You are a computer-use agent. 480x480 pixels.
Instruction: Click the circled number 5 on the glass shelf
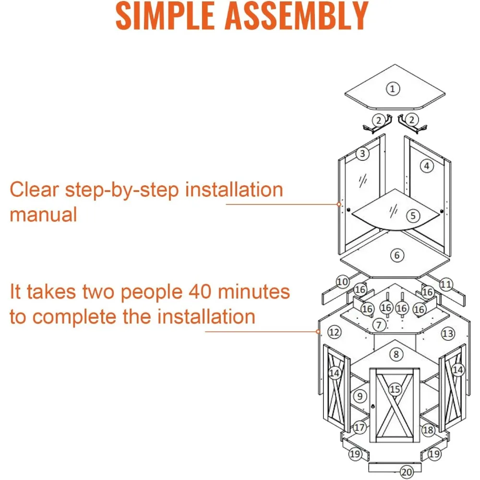[x=412, y=216]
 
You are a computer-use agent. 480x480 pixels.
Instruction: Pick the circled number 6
[x=396, y=255]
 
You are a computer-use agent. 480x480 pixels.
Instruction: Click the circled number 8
[x=396, y=355]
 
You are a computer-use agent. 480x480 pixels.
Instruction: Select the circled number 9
[x=360, y=396]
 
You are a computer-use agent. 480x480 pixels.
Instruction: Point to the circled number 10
[x=342, y=282]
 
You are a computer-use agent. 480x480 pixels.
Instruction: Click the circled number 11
[x=446, y=285]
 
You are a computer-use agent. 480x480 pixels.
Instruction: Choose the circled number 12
[x=335, y=332]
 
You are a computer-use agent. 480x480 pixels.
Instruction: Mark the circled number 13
[x=447, y=333]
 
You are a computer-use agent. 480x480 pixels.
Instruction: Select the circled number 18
[x=428, y=430]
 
